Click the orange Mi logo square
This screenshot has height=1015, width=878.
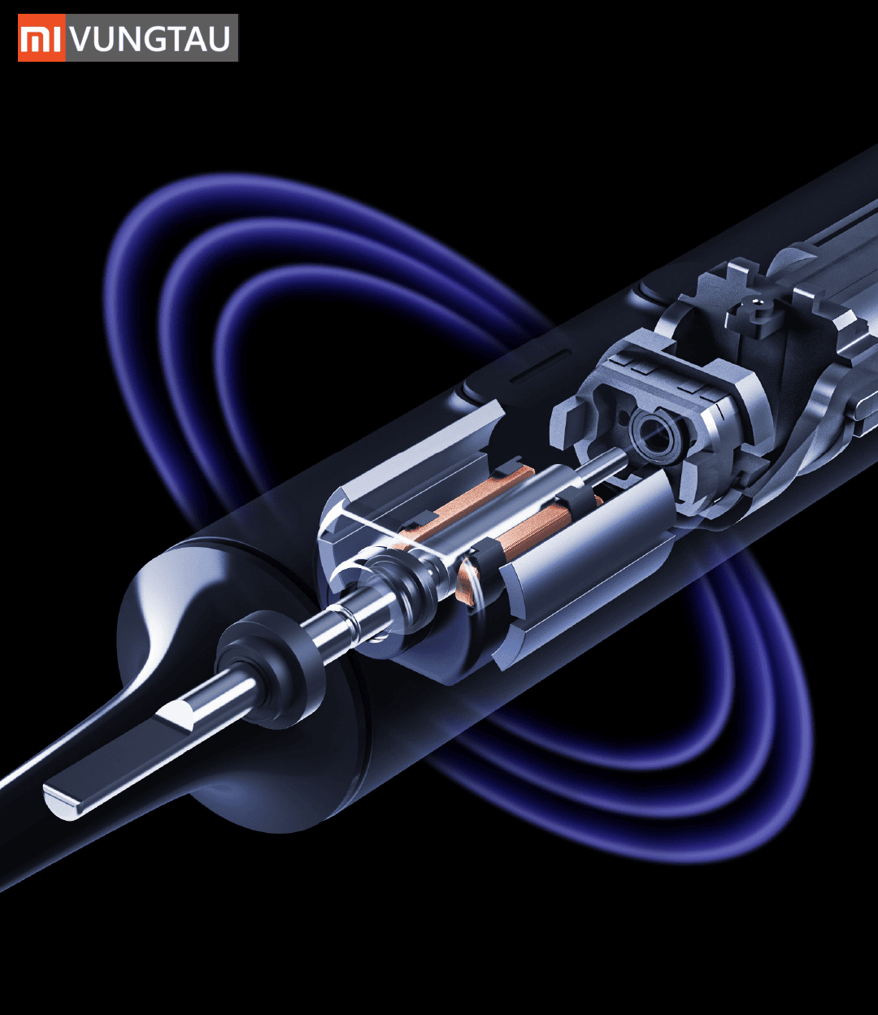[x=41, y=38]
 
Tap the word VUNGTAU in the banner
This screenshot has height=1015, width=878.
[x=151, y=38]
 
